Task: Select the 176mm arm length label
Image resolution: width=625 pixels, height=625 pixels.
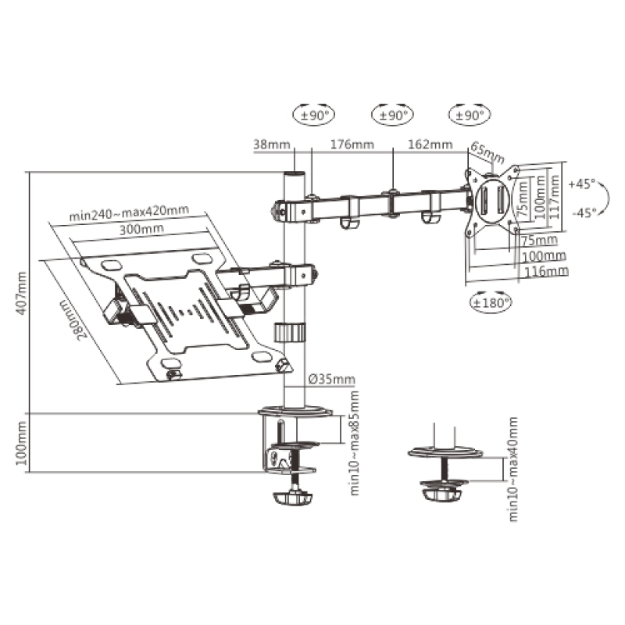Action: click(352, 145)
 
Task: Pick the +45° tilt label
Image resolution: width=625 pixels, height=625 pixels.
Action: click(582, 184)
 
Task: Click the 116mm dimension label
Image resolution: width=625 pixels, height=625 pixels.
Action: click(545, 271)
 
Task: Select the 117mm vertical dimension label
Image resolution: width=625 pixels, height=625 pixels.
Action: click(554, 191)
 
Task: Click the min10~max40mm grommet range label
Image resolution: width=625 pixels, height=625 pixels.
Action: click(513, 469)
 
